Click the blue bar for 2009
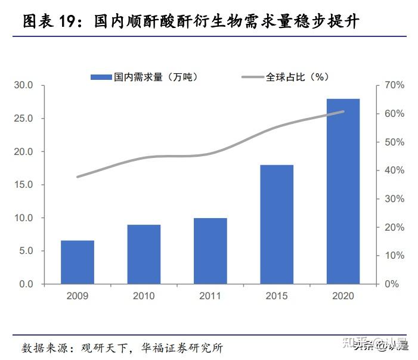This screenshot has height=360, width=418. [x=77, y=262]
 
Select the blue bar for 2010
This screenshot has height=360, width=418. [x=144, y=255]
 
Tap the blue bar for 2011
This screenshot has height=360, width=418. [x=210, y=251]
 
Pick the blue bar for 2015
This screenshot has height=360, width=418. [x=277, y=225]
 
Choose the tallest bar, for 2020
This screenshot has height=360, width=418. [x=343, y=191]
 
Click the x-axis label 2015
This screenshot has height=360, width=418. [x=277, y=296]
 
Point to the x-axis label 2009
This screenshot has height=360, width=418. [x=77, y=296]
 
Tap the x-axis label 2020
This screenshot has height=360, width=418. [x=343, y=296]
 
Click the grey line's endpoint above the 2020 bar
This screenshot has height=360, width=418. [x=343, y=111]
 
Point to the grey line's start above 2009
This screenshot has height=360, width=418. [x=78, y=177]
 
